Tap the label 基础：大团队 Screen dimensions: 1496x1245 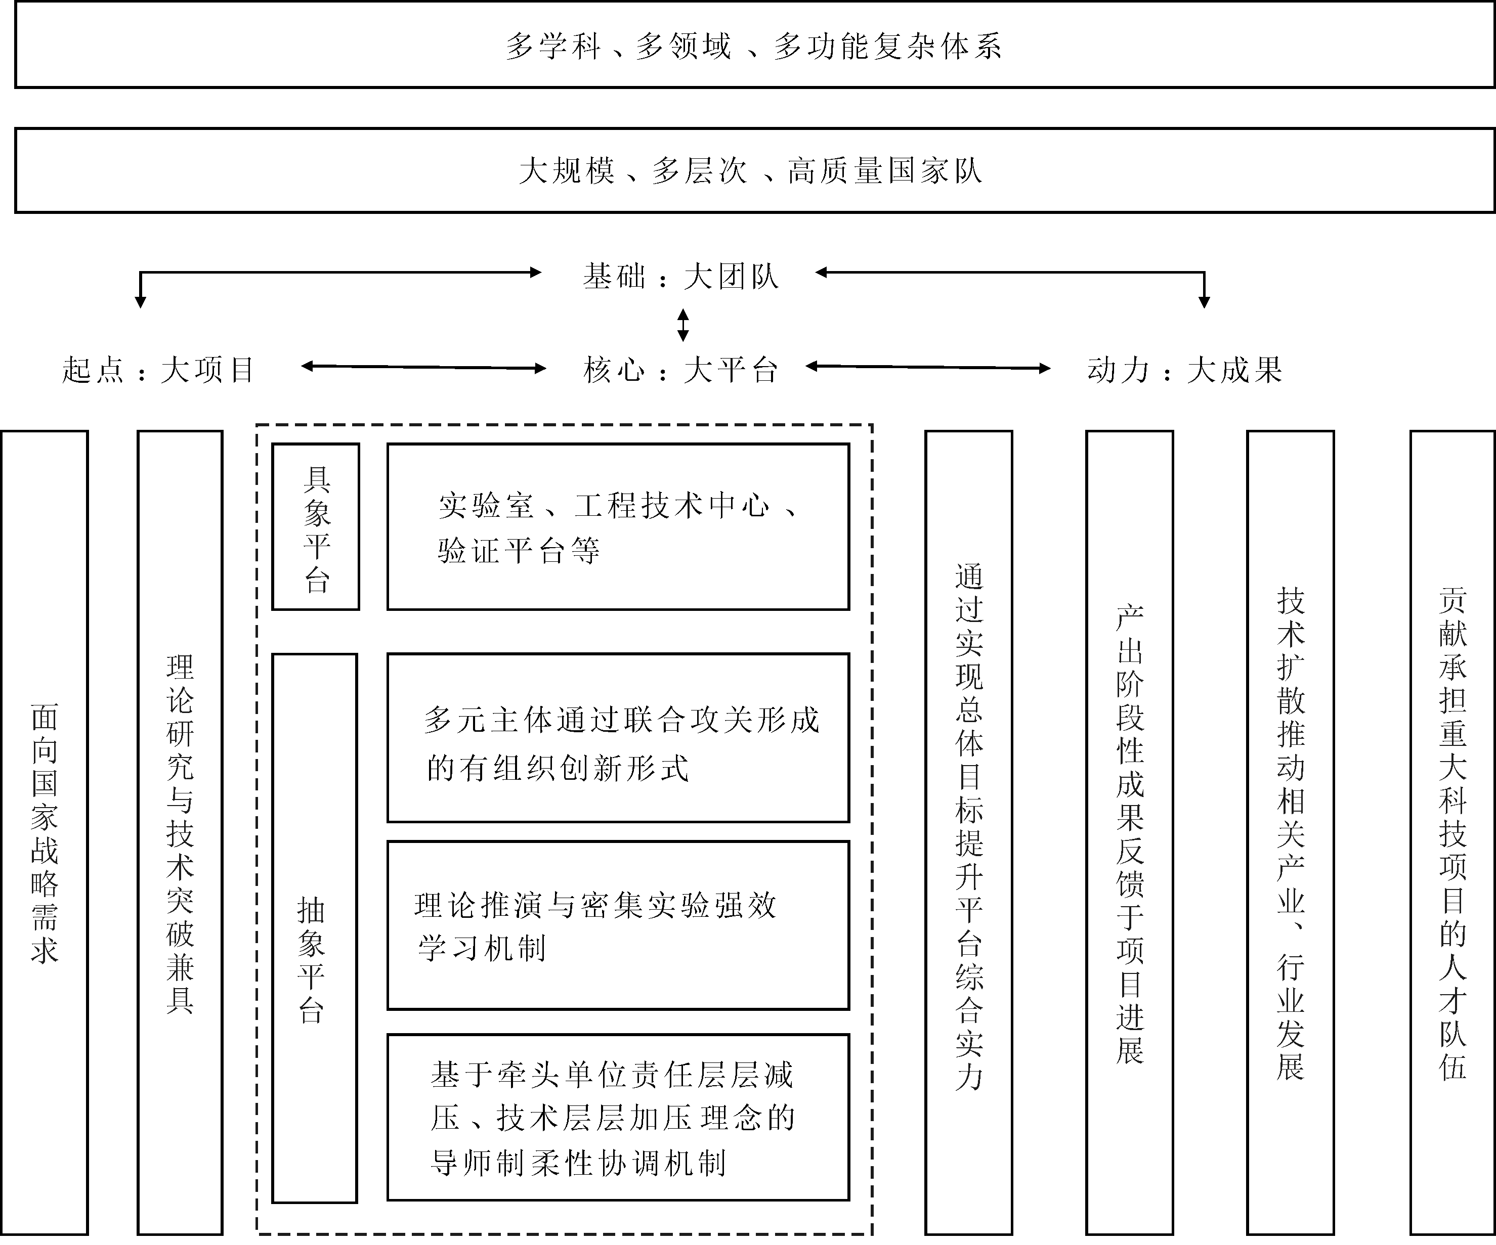tap(680, 276)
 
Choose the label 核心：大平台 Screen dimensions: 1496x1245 tap(680, 370)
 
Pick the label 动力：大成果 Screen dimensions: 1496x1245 tap(1185, 370)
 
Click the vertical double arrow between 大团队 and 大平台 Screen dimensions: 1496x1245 tap(683, 325)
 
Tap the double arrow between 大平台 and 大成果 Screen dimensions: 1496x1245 tap(927, 368)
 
